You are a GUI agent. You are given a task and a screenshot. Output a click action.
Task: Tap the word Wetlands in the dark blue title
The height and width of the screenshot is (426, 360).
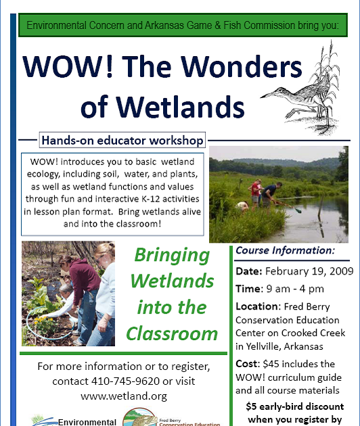click(181, 107)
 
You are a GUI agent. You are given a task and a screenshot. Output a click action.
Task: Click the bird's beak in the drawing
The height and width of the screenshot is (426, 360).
click(268, 95)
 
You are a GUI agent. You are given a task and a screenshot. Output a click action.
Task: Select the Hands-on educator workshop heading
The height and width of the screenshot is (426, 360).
click(122, 141)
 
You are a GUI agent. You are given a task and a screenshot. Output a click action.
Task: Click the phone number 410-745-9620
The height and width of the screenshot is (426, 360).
click(125, 381)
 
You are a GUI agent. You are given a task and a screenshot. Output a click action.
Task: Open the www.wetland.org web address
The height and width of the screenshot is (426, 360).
click(124, 396)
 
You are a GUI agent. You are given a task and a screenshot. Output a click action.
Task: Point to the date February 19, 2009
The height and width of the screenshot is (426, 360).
click(309, 271)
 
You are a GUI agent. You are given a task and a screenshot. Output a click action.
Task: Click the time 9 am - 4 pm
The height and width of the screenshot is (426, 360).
click(295, 289)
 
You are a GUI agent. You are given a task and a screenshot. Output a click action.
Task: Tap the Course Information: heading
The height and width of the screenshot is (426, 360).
click(286, 250)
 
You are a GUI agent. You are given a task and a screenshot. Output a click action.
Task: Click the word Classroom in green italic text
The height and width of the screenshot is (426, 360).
click(172, 333)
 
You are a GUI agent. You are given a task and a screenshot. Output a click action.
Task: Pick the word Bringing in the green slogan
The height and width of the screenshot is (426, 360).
click(172, 256)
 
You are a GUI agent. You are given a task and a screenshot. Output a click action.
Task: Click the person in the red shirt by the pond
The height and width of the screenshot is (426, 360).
click(255, 193)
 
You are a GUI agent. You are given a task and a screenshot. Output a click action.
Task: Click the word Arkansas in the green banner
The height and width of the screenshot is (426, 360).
click(164, 25)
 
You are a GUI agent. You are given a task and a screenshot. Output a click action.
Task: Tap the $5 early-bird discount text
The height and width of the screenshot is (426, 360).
click(295, 406)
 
